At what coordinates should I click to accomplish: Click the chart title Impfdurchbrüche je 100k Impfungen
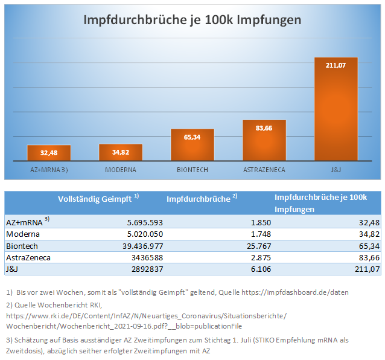[x=192, y=20]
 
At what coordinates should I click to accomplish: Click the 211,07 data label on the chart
[x=336, y=65]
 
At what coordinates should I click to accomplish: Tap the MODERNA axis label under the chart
[x=121, y=170]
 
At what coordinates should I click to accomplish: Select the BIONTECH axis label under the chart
[x=192, y=170]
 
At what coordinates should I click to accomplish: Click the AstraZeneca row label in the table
[x=28, y=257]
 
